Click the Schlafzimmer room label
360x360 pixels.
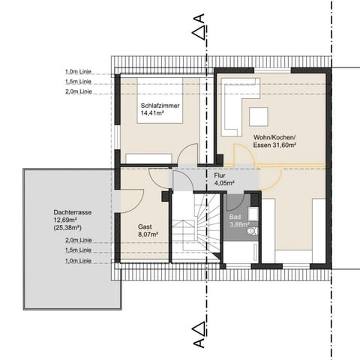(158, 106)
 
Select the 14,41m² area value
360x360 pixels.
(152, 114)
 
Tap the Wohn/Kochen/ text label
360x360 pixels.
(276, 137)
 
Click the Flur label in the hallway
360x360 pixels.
(219, 175)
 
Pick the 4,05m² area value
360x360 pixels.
(224, 182)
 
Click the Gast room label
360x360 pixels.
(145, 225)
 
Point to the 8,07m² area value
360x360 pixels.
(147, 233)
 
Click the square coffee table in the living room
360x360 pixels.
(259, 115)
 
